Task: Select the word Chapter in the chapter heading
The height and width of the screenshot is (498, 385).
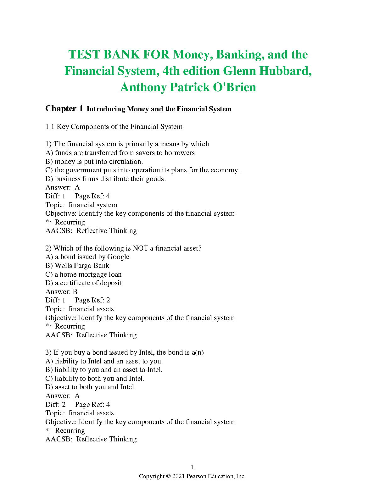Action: (61, 109)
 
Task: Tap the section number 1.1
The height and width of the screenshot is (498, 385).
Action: (50, 127)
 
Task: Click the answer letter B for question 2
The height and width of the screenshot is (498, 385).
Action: (75, 292)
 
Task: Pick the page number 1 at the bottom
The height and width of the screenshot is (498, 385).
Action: (192, 467)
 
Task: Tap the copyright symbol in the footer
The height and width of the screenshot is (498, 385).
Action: (168, 476)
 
